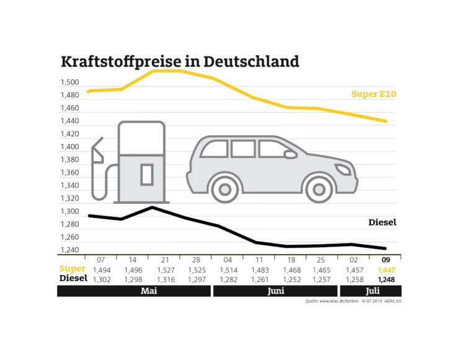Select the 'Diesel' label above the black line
382,222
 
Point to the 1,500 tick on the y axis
69,82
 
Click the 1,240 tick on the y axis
69,250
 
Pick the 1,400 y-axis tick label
69,147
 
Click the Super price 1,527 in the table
165,270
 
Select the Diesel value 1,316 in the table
165,279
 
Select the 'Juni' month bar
275,291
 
